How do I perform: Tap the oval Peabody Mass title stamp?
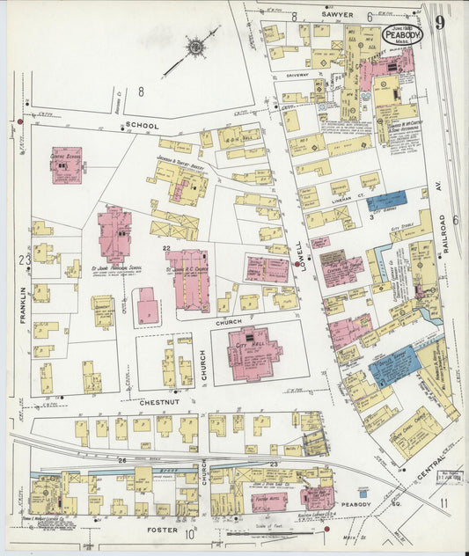402,34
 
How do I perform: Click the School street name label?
142,126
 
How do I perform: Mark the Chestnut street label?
159,402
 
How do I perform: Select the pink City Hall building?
253,351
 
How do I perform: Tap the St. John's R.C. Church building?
190,280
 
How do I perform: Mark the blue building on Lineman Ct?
386,201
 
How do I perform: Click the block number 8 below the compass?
140,91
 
